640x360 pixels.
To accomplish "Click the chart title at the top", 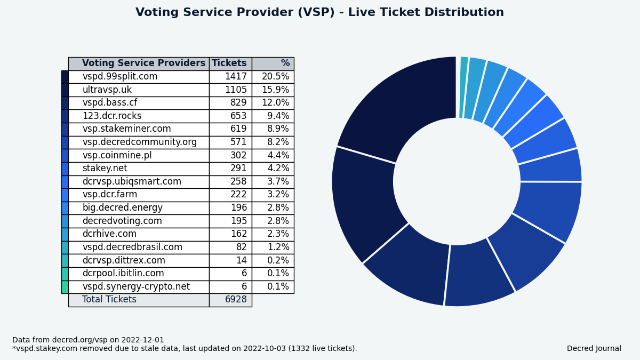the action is point(319,12).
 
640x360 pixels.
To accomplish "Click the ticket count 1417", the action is point(236,77).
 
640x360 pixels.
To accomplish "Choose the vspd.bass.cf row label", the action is point(110,102).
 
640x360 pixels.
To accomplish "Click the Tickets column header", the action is point(229,63).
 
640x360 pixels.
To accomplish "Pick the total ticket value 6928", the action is point(236,299).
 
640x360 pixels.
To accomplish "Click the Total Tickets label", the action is point(109,299).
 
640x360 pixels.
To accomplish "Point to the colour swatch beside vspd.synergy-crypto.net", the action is point(65,287).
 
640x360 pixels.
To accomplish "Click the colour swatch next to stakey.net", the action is point(65,169).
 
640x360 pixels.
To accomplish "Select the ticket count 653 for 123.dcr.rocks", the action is point(238,116).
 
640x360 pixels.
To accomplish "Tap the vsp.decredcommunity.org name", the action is point(139,142).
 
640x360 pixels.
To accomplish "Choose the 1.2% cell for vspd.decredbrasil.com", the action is point(278,247).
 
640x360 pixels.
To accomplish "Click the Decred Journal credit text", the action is point(594,349).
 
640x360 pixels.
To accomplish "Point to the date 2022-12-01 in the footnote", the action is point(142,340).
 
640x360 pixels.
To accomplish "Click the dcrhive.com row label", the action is point(109,234).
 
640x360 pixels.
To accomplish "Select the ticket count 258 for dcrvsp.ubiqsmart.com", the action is point(238,181).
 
